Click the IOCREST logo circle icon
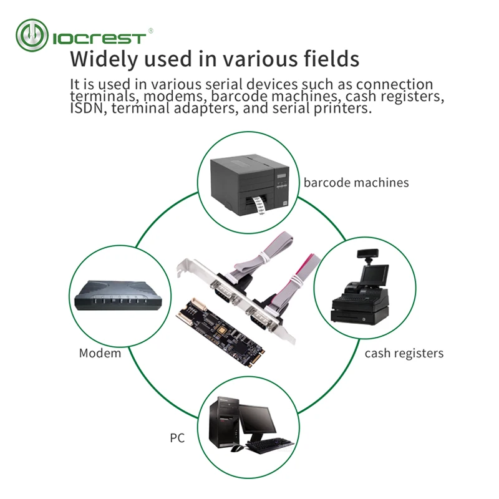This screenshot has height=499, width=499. [x=32, y=36]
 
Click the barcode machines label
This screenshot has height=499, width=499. [x=356, y=183]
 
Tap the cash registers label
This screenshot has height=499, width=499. [x=404, y=353]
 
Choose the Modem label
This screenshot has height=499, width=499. [x=100, y=353]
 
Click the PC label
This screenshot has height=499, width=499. [x=177, y=438]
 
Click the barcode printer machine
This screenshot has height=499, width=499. [x=249, y=183]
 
